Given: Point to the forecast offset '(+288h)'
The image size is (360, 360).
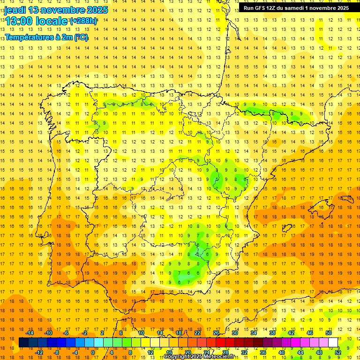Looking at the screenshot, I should [83, 21].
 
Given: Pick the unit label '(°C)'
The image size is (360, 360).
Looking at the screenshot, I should [81, 37].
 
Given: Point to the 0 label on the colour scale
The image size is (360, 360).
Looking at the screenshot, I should [92, 352].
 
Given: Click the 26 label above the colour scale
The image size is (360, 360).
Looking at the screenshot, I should [216, 333].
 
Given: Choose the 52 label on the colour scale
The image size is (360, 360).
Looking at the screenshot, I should [338, 352].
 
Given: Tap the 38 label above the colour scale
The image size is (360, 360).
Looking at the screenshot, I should [272, 333].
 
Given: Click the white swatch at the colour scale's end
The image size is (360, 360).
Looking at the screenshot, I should [333, 343].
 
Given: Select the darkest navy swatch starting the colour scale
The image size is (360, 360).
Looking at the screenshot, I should [24, 343].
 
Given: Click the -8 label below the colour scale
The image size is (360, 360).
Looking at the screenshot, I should [56, 352].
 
